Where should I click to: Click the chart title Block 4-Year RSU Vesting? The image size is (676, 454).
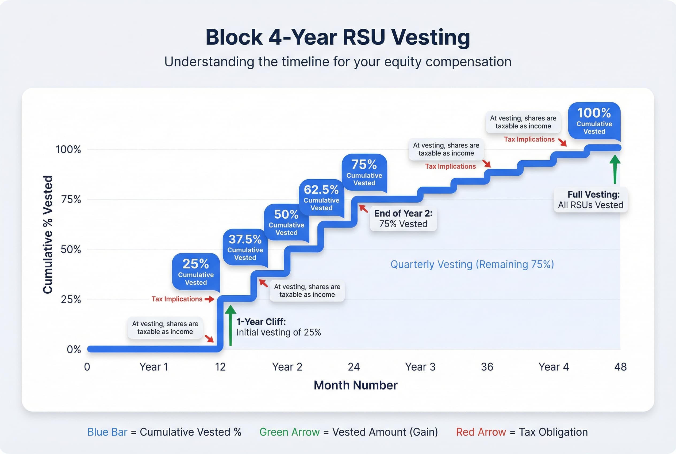pos(337,38)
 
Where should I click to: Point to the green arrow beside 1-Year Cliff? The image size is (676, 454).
pos(231,326)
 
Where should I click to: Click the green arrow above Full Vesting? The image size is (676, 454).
pos(615,169)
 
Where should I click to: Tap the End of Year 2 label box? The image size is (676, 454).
pos(403,219)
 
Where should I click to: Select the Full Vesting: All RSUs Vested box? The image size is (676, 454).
pos(590,200)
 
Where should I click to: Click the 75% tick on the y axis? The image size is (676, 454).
pos(71,199)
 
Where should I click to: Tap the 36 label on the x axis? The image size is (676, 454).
pos(487,367)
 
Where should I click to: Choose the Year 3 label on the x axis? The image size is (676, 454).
pos(420,367)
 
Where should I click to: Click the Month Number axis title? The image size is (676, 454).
pos(355,385)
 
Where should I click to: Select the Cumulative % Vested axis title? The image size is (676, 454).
pos(48,234)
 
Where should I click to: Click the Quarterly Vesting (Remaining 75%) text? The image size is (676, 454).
pos(472,264)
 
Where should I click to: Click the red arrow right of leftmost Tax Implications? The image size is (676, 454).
pos(209,299)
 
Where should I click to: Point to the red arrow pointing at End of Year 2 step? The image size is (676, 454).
pos(363,209)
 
